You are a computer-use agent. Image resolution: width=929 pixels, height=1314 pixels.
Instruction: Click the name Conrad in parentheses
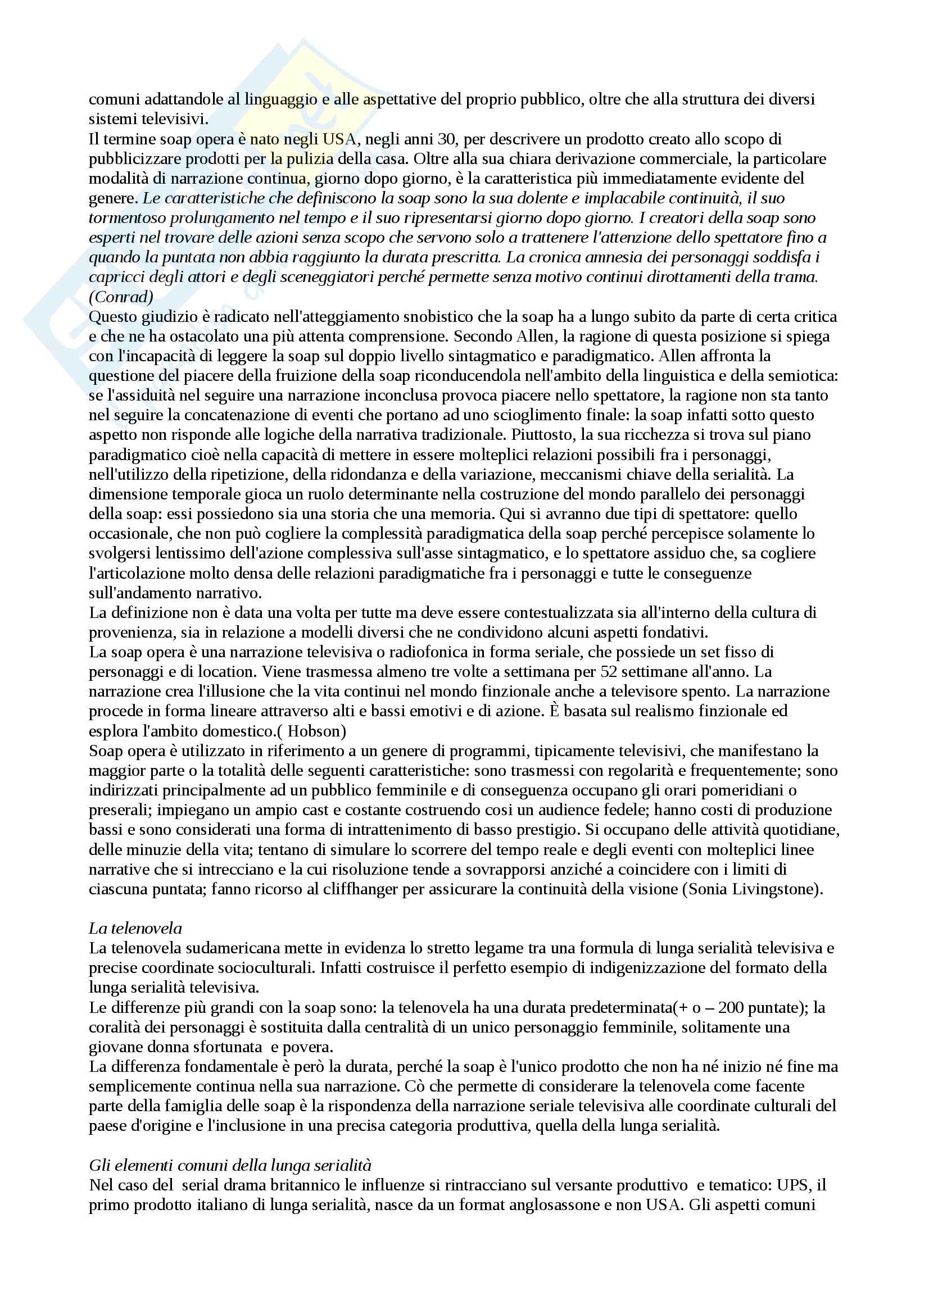[x=121, y=297]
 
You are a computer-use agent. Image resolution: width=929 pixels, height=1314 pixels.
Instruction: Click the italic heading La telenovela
[x=135, y=928]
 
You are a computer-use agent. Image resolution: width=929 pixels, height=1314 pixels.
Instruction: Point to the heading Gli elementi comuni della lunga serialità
[x=230, y=1165]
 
